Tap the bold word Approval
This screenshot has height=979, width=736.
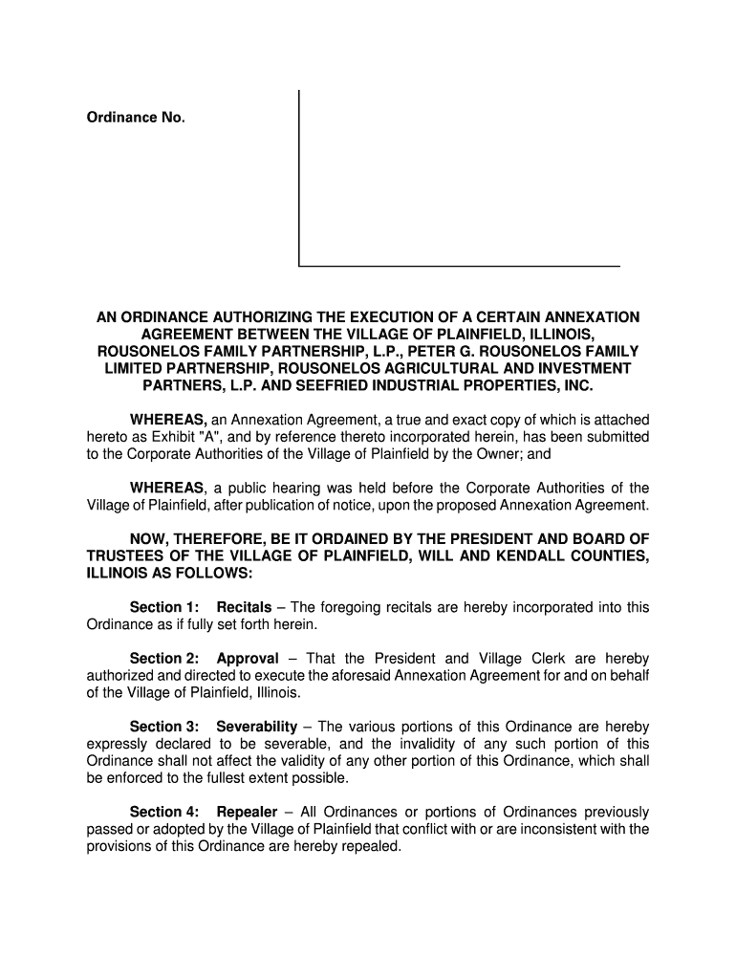point(248,659)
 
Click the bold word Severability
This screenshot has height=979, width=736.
point(257,727)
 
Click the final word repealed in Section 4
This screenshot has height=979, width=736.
point(368,847)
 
